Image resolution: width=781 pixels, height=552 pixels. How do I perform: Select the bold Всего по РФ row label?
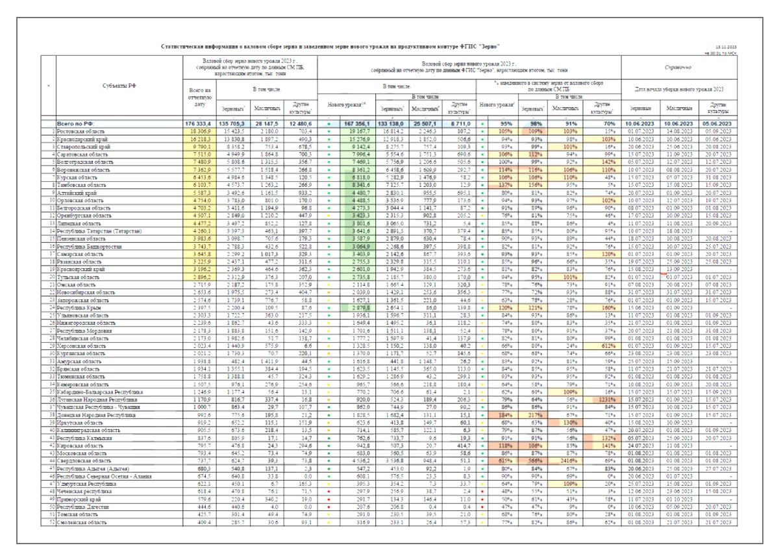pos(77,123)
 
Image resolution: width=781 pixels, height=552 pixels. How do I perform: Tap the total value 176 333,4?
pos(199,123)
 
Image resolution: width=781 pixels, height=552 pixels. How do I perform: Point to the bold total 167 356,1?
pos(360,123)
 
